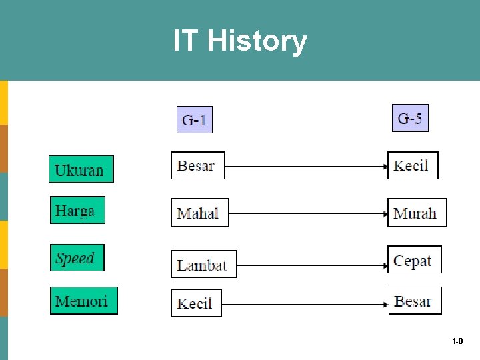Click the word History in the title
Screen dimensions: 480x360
(257, 41)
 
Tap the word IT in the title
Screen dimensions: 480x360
(186, 41)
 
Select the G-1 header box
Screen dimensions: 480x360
(194, 120)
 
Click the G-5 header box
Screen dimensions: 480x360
(410, 119)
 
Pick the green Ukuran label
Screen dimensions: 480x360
(81, 169)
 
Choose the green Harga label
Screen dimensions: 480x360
(77, 211)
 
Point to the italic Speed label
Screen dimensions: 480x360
(77, 258)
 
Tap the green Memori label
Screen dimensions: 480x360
(83, 301)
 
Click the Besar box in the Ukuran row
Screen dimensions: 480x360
(197, 165)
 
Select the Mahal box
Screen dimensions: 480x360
(199, 213)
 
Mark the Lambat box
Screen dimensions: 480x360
(203, 264)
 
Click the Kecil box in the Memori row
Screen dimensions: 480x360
(196, 303)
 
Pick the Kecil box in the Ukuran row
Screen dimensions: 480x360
(413, 165)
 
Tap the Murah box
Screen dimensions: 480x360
(417, 213)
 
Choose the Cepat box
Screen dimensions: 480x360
(414, 260)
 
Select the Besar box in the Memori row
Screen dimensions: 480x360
(415, 301)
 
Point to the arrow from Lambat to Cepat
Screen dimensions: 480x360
(312, 265)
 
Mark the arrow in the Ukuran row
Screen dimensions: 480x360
(306, 166)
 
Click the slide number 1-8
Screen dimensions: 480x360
(457, 341)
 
